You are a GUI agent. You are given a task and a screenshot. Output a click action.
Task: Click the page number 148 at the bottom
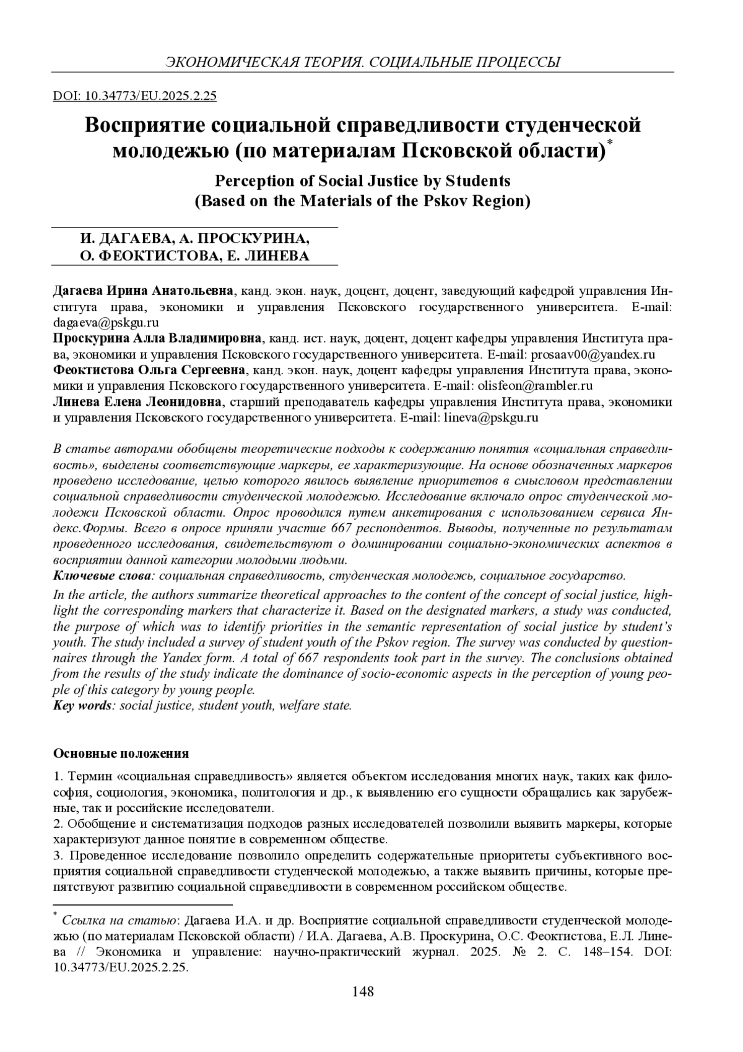click(x=363, y=991)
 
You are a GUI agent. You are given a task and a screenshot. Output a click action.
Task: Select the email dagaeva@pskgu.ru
click(x=106, y=323)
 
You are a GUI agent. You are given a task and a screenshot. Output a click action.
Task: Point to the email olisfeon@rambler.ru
click(x=534, y=386)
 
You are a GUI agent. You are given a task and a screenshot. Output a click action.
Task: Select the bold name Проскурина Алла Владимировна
click(x=159, y=339)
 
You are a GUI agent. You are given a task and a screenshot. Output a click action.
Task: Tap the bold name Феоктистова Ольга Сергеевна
click(x=150, y=370)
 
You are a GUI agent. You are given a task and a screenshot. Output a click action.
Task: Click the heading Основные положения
click(x=121, y=753)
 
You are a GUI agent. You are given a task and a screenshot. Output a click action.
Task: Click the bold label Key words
click(x=82, y=705)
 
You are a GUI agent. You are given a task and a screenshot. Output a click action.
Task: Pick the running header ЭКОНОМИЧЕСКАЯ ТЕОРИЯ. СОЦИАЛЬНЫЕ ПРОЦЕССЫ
click(x=363, y=62)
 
